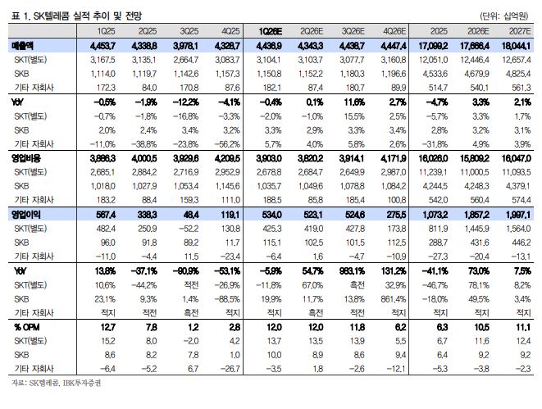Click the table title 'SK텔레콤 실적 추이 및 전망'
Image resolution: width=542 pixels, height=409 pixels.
88,16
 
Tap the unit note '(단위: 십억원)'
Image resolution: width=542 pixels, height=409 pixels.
503,16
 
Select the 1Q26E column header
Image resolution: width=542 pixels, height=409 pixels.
271,31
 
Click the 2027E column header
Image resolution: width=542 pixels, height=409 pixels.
520,31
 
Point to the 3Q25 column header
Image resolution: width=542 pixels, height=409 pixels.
189,31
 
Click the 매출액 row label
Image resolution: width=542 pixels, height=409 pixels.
22,46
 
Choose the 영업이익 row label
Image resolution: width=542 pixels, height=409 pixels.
26,215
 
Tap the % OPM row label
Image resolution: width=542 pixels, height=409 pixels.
26,327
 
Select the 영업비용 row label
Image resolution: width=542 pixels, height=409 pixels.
26,158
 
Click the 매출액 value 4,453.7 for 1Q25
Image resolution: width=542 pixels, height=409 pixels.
102,46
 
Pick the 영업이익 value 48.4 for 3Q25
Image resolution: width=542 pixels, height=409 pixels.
191,215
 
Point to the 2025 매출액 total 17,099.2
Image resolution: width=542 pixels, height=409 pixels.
433,46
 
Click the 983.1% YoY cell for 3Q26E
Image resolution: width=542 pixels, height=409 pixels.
352,270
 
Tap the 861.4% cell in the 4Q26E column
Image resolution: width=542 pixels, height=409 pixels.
394,299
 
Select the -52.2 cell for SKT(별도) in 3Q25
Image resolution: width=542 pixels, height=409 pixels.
189,229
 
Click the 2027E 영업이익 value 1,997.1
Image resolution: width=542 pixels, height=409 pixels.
518,215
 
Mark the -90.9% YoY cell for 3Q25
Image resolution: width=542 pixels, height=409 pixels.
185,270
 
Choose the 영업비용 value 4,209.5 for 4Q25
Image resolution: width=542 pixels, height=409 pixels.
227,158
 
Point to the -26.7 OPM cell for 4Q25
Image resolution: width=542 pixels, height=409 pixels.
230,369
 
